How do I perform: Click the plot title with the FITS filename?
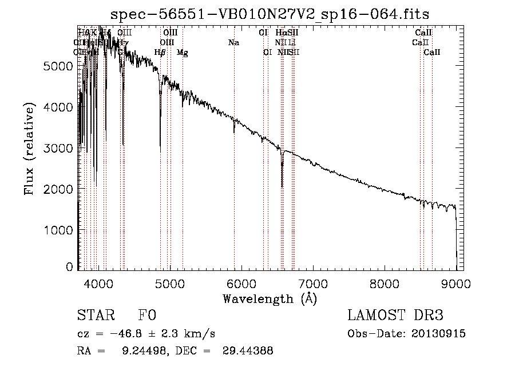270,14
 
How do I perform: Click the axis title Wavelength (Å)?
270,298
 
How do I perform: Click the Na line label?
233,42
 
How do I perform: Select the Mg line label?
182,53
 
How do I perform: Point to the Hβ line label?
160,53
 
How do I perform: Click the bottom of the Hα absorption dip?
282,186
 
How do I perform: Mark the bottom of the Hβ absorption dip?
160,150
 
